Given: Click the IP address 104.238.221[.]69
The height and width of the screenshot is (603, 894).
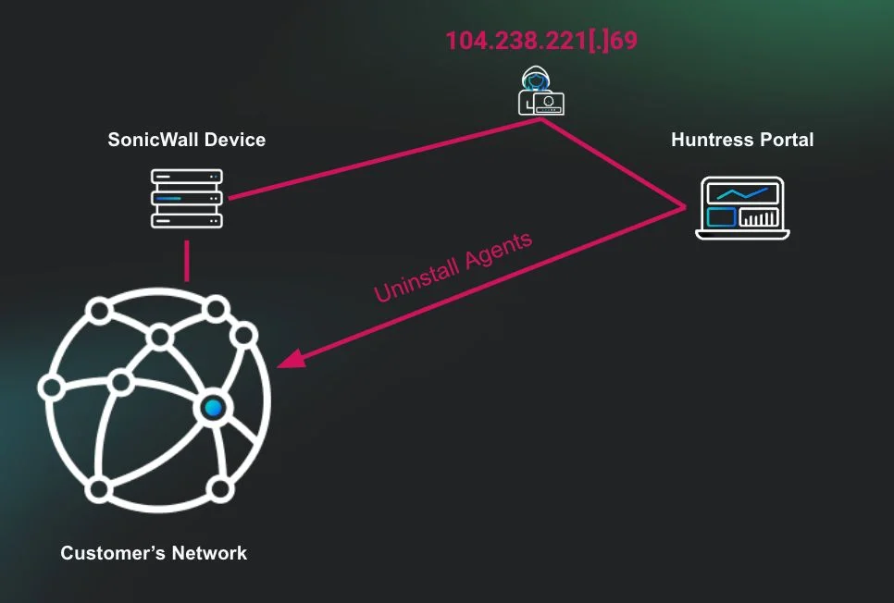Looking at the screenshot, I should point(540,42).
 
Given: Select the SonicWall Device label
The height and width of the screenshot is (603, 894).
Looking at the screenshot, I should point(186,141).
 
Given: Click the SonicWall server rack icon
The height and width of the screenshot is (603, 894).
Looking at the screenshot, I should point(186,198).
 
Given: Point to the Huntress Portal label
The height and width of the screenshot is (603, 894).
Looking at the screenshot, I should point(742,141).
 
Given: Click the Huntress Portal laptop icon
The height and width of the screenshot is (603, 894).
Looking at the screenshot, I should point(742,208).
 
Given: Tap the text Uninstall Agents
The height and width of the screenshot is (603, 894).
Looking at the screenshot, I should point(453,267).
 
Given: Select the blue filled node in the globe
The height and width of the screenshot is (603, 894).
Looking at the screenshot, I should point(214,407).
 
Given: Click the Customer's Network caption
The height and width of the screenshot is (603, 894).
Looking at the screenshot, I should point(154,553).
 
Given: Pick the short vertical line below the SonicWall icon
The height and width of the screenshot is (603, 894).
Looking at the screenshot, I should point(186,261).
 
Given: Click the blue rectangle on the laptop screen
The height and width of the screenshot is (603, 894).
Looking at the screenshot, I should point(721,218).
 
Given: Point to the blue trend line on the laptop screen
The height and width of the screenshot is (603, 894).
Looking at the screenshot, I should point(742,194).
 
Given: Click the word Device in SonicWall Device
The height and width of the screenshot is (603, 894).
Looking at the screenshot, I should point(235,141).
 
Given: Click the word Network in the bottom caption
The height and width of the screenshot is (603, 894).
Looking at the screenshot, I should point(208,553).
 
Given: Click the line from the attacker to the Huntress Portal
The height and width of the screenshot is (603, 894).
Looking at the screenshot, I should point(615,162).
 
